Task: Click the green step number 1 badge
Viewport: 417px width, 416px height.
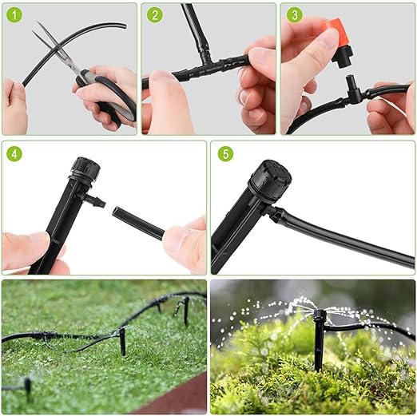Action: point(14,15)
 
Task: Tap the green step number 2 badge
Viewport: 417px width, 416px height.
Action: point(154,14)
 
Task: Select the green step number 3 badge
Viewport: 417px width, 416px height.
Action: point(295,14)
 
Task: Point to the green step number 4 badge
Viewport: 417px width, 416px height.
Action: point(14,154)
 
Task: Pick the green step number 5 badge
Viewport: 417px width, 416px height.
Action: point(225,153)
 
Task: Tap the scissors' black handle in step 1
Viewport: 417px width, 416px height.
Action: point(106,96)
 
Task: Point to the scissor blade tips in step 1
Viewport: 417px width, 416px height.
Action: point(38,26)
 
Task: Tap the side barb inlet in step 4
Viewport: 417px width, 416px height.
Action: point(93,201)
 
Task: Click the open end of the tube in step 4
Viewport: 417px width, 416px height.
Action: point(117,211)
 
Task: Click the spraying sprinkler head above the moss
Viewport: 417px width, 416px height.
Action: point(320,315)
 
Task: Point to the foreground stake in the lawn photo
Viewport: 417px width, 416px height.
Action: point(122,342)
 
